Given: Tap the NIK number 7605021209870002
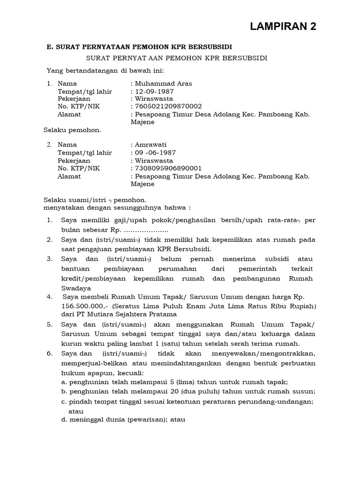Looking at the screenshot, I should click(x=168, y=106).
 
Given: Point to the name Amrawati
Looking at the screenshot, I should click(x=150, y=145).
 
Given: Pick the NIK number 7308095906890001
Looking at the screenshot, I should click(x=168, y=168).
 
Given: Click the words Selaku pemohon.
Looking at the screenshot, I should click(x=72, y=129).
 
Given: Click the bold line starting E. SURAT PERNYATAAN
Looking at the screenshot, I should click(x=139, y=47).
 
